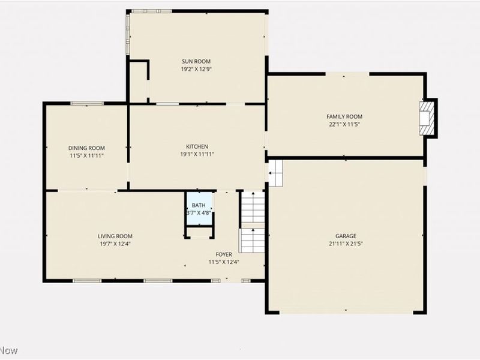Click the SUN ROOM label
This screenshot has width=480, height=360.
click(196, 61)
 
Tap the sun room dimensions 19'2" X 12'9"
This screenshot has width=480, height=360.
click(196, 69)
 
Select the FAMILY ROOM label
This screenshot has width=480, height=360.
click(344, 116)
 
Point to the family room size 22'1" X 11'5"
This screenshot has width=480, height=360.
click(344, 125)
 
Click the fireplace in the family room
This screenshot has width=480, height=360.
click(427, 117)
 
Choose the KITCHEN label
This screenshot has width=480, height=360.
click(197, 146)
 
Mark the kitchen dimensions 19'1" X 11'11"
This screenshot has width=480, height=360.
click(197, 154)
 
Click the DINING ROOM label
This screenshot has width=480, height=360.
click(86, 148)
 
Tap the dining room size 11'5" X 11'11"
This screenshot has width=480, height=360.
click(86, 156)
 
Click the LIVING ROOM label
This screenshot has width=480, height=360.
click(115, 236)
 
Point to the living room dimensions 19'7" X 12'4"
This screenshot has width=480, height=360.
click(115, 244)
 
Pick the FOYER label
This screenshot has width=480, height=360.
click(223, 254)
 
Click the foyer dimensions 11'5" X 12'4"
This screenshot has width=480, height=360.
click(223, 262)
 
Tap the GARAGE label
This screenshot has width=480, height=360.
click(346, 236)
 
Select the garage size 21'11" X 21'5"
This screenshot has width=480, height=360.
click(346, 244)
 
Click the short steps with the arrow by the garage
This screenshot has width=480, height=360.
click(275, 173)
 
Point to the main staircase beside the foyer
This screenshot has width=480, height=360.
click(252, 222)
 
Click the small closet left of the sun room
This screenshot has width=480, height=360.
click(139, 81)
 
